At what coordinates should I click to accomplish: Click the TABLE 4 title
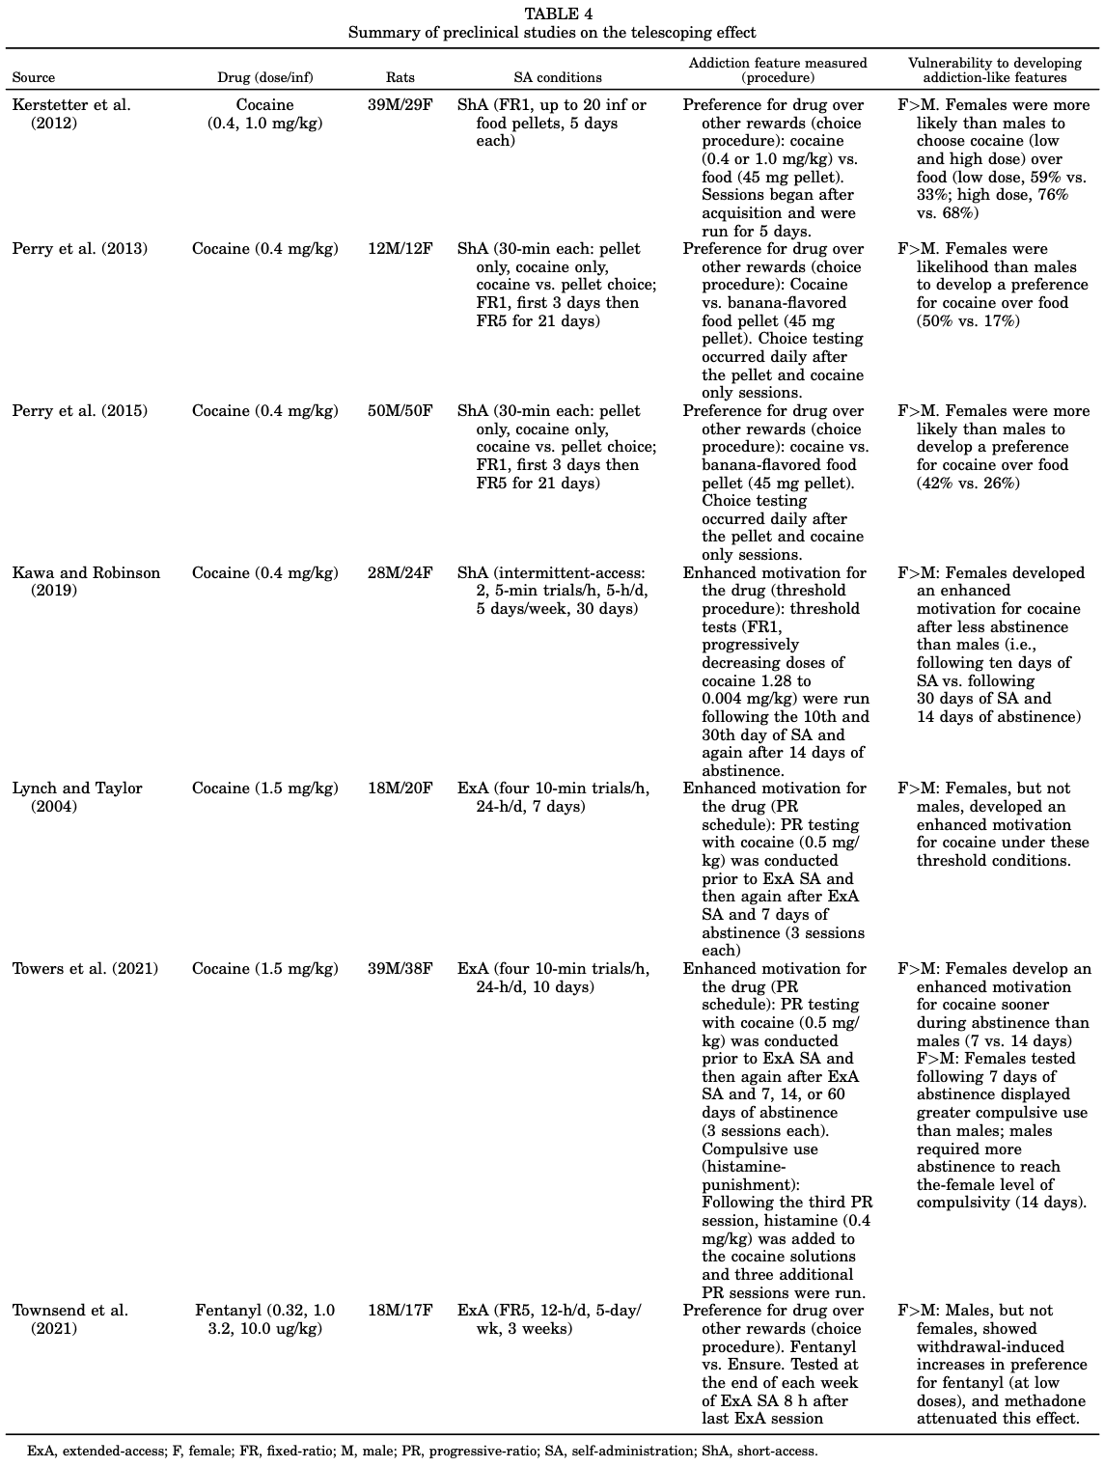(552, 14)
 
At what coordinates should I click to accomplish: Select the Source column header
(34, 77)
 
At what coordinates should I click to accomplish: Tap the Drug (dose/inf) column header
(265, 77)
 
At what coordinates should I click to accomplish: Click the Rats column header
(400, 77)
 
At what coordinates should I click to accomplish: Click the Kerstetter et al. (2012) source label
(71, 114)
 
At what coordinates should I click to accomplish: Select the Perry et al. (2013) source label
(80, 249)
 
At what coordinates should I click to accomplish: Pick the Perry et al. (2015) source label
(80, 411)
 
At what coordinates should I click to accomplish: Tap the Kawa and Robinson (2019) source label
(86, 581)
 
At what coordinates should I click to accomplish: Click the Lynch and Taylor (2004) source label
(77, 797)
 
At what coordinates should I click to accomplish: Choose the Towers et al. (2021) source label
(85, 969)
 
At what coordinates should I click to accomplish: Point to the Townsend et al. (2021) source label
(70, 1319)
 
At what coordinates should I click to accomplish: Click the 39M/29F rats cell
(400, 105)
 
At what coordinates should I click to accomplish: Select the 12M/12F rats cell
(400, 249)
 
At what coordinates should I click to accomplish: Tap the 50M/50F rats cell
(400, 411)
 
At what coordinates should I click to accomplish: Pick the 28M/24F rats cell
(400, 573)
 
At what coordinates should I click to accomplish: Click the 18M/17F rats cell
(400, 1311)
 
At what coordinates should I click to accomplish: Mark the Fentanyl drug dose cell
(265, 1319)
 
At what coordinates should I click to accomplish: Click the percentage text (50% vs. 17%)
(968, 321)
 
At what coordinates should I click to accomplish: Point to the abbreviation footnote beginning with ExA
(423, 1451)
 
